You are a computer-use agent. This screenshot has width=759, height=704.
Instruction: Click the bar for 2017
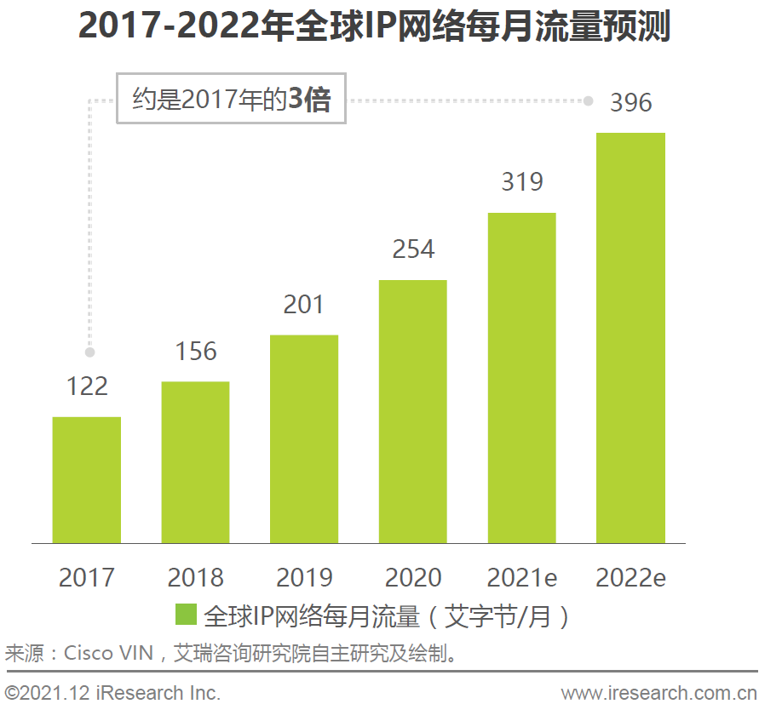pyautogui.click(x=86, y=479)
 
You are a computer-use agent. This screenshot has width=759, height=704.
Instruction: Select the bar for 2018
pyautogui.click(x=195, y=462)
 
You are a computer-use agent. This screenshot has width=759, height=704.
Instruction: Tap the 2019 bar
pyautogui.click(x=304, y=438)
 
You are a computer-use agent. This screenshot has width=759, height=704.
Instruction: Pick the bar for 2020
pyautogui.click(x=413, y=411)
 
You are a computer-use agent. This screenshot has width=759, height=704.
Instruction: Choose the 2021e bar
pyautogui.click(x=521, y=377)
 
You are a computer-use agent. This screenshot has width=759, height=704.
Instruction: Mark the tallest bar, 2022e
pyautogui.click(x=630, y=338)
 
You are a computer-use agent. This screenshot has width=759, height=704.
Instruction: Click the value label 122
pyautogui.click(x=87, y=386)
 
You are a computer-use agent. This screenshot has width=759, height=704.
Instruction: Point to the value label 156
pyautogui.click(x=196, y=351)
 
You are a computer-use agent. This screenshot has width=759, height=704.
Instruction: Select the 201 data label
pyautogui.click(x=304, y=305)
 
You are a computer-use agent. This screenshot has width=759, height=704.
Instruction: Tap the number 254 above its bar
pyautogui.click(x=413, y=249)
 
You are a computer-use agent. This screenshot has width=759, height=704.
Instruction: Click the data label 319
pyautogui.click(x=521, y=182)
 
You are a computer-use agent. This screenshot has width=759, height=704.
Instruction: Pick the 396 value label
pyautogui.click(x=630, y=103)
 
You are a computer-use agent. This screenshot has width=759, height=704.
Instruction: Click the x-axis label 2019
pyautogui.click(x=304, y=578)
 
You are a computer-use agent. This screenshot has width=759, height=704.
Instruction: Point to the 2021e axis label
pyautogui.click(x=522, y=578)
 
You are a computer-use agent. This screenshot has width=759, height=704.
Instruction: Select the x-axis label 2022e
pyautogui.click(x=631, y=578)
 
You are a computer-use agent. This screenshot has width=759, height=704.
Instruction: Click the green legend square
pyautogui.click(x=187, y=615)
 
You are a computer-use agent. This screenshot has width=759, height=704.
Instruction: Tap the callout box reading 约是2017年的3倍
pyautogui.click(x=231, y=100)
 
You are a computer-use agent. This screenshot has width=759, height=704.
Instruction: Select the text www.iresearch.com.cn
pyautogui.click(x=659, y=691)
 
